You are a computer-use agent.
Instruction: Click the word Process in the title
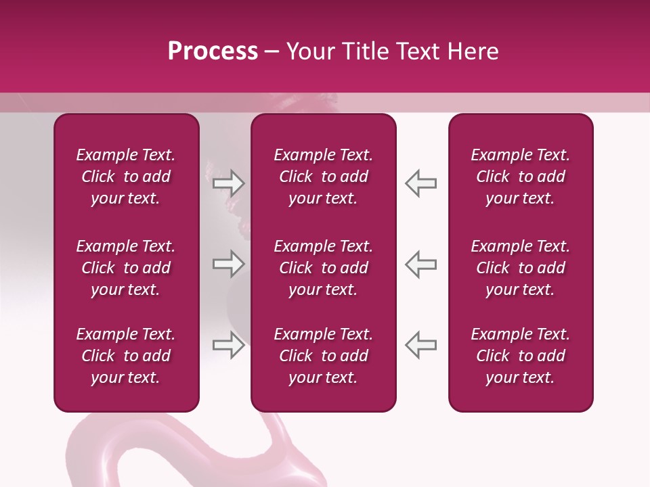pyautogui.click(x=213, y=51)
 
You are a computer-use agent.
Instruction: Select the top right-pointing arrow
pyautogui.click(x=228, y=183)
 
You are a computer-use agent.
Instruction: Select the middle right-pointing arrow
pyautogui.click(x=228, y=264)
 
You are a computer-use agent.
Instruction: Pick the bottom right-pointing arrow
pyautogui.click(x=228, y=345)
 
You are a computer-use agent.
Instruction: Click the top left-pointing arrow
pyautogui.click(x=421, y=183)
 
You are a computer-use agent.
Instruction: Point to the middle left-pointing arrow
pyautogui.click(x=421, y=264)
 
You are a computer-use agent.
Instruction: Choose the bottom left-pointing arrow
pyautogui.click(x=421, y=345)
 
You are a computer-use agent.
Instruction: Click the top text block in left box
pyautogui.click(x=126, y=177)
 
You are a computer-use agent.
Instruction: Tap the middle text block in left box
pyautogui.click(x=126, y=268)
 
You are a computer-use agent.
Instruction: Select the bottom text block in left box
pyautogui.click(x=126, y=356)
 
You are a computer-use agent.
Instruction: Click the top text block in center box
pyautogui.click(x=324, y=177)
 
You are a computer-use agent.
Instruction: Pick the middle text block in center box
pyautogui.click(x=324, y=268)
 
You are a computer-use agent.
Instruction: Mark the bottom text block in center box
pyautogui.click(x=324, y=356)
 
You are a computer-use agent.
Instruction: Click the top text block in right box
pyautogui.click(x=521, y=177)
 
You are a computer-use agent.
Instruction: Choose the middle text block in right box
pyautogui.click(x=521, y=268)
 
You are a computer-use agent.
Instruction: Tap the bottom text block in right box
pyautogui.click(x=521, y=356)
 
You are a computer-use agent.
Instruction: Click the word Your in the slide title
pyautogui.click(x=309, y=51)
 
